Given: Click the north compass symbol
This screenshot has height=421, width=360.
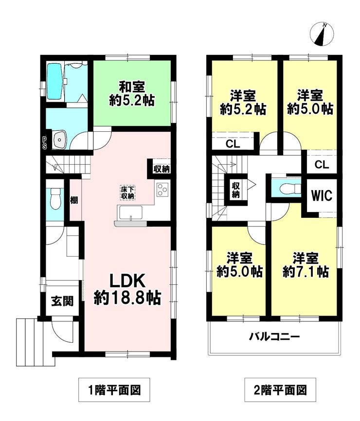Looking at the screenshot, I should pos(322,33).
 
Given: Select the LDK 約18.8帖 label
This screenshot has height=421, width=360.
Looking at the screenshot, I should pos(127,289).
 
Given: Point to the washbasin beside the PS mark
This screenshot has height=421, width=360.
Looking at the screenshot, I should pos(59,140).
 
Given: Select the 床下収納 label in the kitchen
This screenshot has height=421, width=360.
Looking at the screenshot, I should pos(128,191).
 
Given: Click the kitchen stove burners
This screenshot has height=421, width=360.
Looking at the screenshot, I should pos(162,189).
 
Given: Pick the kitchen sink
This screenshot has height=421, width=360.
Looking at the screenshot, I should pos(129,213).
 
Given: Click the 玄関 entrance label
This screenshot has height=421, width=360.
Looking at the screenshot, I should pos(62,301).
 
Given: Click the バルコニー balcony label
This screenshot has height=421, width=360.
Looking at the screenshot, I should pos(274,336).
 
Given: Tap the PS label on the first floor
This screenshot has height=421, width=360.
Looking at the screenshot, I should pos(43,142).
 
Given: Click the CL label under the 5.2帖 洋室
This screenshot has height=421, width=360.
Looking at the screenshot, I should pos(233,144).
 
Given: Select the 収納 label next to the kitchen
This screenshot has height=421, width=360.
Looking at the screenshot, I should pos(162,169).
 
